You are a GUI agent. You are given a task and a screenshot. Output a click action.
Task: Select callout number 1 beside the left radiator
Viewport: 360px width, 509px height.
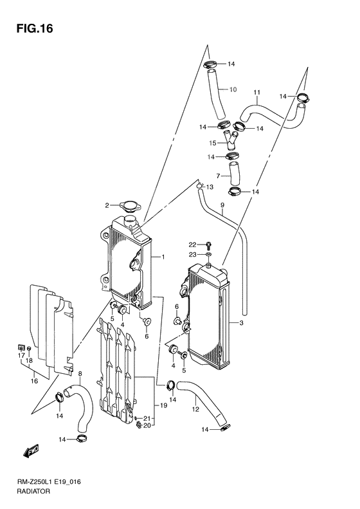coord(163,257)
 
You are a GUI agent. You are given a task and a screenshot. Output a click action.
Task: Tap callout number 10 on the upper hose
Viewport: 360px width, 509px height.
coord(233,89)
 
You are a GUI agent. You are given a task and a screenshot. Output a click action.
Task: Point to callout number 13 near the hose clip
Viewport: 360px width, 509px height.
coord(209,187)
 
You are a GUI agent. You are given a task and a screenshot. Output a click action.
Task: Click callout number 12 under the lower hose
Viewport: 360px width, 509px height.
coord(195,409)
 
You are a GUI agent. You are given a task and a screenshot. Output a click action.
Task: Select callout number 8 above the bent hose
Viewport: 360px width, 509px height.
coord(80,374)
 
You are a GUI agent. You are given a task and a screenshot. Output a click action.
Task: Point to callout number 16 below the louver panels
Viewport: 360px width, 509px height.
coord(34,381)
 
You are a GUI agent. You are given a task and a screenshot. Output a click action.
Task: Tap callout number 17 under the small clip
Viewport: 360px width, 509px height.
coord(20,355)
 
